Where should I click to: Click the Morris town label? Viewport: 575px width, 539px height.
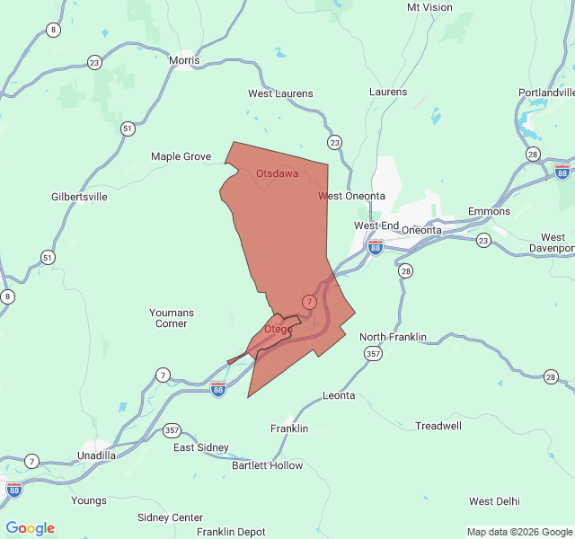(x=183, y=60)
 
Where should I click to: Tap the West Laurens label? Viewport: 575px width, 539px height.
(x=280, y=93)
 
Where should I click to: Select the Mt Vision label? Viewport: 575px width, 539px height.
(x=429, y=7)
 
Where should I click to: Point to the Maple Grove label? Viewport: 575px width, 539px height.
(x=181, y=156)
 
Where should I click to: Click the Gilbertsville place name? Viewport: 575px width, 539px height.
(x=79, y=196)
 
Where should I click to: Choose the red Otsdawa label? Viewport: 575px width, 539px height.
(x=277, y=172)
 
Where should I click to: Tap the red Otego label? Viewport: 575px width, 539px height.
(x=278, y=329)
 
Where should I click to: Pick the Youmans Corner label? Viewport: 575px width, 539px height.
(x=171, y=318)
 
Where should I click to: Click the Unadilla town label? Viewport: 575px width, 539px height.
(x=96, y=455)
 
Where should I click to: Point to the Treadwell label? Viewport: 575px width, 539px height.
(x=438, y=425)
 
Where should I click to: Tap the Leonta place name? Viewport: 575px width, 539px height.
(x=339, y=395)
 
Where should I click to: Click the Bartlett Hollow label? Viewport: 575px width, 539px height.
(x=267, y=465)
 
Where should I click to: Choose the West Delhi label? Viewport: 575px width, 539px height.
(x=494, y=500)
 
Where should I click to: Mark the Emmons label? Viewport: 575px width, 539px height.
(x=489, y=212)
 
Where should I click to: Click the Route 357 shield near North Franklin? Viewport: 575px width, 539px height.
(x=374, y=354)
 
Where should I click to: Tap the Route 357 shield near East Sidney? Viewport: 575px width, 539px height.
(x=172, y=430)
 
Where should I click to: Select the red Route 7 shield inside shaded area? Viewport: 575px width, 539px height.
(x=309, y=302)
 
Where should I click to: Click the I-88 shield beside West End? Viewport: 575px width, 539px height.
(x=376, y=245)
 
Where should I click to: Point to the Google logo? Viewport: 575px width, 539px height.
(x=31, y=528)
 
